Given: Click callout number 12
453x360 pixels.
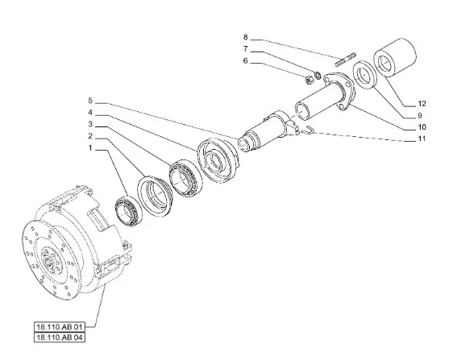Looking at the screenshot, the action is [422, 104].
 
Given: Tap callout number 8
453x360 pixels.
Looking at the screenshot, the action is [246, 37].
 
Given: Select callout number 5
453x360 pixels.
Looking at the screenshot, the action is [90, 101].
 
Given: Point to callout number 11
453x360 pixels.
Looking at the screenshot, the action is [422, 139].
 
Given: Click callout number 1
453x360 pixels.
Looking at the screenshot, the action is [90, 148].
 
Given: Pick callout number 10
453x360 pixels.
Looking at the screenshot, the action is [422, 127].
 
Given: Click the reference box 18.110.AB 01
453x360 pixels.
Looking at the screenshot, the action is [60, 327].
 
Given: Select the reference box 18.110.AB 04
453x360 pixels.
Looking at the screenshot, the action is [60, 337].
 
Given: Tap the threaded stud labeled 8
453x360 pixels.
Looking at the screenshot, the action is [346, 59].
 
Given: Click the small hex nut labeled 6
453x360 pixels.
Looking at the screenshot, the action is [309, 79].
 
